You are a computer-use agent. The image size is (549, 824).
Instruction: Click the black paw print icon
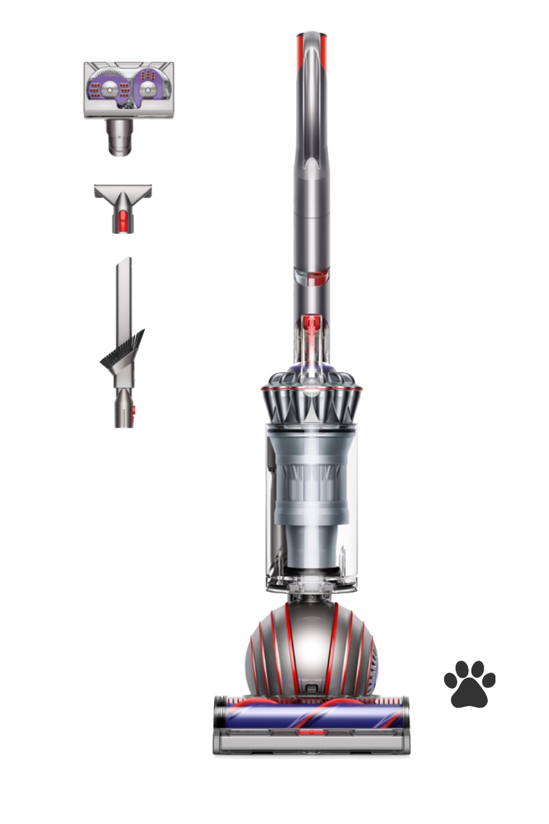click(469, 683)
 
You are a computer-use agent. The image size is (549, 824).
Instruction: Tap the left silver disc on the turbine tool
click(110, 90)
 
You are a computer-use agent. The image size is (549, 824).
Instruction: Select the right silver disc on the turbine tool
click(147, 90)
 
